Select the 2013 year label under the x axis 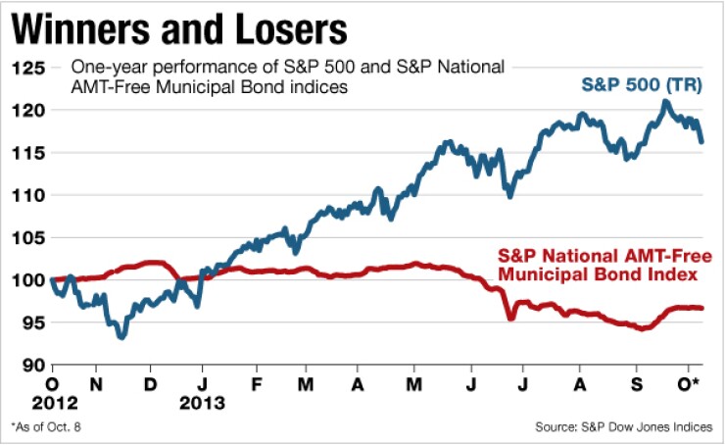pyautogui.click(x=204, y=402)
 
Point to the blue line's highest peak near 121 pyautogui.click(x=666, y=101)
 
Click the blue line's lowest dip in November pyautogui.click(x=121, y=337)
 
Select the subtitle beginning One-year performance pyautogui.click(x=290, y=76)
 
